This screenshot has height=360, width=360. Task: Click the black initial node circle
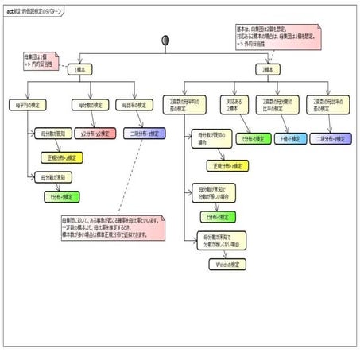click(x=166, y=40)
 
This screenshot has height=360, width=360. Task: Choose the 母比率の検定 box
click(x=134, y=104)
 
